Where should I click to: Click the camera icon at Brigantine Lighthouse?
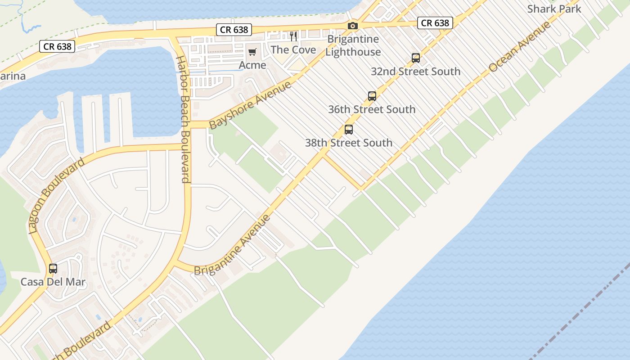[353, 26]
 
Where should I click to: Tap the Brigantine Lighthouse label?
[353, 45]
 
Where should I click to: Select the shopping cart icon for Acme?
[252, 52]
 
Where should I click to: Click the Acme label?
[252, 65]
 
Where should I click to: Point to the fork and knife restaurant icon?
[293, 36]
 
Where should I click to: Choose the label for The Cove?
[293, 49]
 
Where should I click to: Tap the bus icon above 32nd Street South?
[416, 58]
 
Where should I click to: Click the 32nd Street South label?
[416, 72]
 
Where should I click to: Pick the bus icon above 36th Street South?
[372, 96]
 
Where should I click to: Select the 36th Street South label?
[372, 109]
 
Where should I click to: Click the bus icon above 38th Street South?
[349, 130]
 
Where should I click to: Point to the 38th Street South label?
[349, 143]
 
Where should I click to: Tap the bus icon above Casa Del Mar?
[53, 269]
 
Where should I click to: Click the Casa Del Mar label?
[53, 283]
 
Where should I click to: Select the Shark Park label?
[554, 9]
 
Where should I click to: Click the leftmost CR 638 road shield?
[57, 46]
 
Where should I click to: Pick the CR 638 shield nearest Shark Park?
[435, 22]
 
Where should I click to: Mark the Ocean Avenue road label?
[520, 46]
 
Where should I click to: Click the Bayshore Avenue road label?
[250, 105]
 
